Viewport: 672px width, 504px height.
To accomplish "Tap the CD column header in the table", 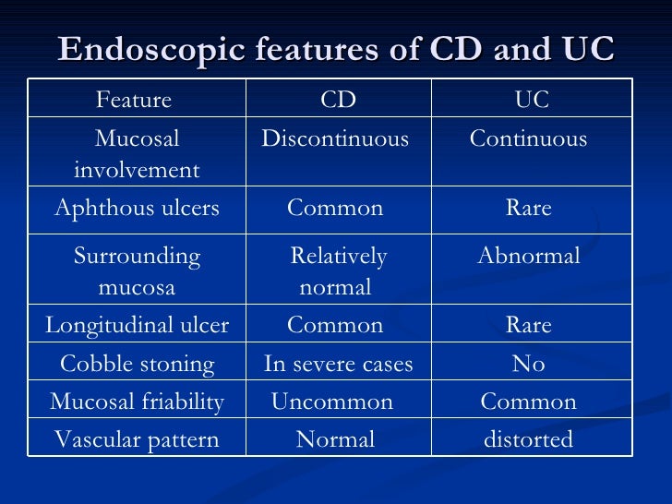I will pos(338,100).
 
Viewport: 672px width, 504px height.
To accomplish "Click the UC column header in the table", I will pos(531,100).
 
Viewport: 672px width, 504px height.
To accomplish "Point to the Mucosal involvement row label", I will pos(137,154).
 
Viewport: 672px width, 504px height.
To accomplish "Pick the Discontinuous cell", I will pos(335,139).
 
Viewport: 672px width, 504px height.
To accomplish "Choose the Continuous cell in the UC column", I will pos(528,139).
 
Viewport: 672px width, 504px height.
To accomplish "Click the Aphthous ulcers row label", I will pos(137,209).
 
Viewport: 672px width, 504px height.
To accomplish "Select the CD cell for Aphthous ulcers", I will pos(335,209).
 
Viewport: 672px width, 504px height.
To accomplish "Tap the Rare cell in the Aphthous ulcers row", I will pos(529,209).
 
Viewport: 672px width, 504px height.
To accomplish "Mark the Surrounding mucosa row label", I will pos(137,271).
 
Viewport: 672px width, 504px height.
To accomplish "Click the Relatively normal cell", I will pos(337,271).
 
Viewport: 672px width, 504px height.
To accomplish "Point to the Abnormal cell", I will pos(529,257).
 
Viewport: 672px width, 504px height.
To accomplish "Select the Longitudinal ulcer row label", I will pos(138,326).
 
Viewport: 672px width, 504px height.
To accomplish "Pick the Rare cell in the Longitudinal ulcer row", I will pos(529,326).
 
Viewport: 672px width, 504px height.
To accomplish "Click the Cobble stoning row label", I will pos(137,365).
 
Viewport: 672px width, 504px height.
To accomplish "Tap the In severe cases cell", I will pos(338,365).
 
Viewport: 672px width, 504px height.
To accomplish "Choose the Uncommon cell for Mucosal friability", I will pos(331,402).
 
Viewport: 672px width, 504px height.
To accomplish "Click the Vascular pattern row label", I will pos(137,440).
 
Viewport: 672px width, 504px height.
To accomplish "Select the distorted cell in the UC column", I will pos(529,440).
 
